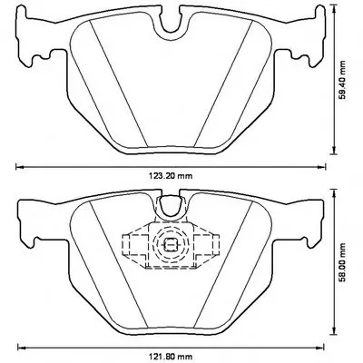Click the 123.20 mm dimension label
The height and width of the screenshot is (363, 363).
point(171,176)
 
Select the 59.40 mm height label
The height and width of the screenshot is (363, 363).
point(342,80)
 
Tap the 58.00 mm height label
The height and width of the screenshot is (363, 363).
point(342,262)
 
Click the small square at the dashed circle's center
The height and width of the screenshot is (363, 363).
point(171,244)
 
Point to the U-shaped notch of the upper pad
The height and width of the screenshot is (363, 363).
point(171,23)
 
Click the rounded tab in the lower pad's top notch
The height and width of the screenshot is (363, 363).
point(171,205)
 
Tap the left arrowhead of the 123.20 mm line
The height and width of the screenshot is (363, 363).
point(19,166)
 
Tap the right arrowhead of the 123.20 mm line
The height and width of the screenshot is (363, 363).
point(322,166)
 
